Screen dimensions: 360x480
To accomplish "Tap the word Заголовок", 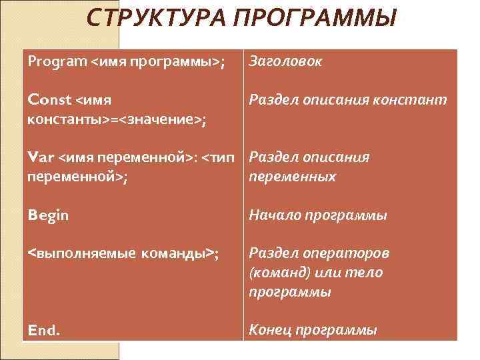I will (285, 62).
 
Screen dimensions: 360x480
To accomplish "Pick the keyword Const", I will (49, 100).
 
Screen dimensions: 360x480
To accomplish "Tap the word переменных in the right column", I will (292, 177).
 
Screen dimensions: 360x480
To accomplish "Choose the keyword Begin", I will (48, 215).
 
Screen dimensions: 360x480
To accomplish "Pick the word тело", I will (368, 273).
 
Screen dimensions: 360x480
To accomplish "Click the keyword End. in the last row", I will (44, 330).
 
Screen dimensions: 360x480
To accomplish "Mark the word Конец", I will (271, 330).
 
